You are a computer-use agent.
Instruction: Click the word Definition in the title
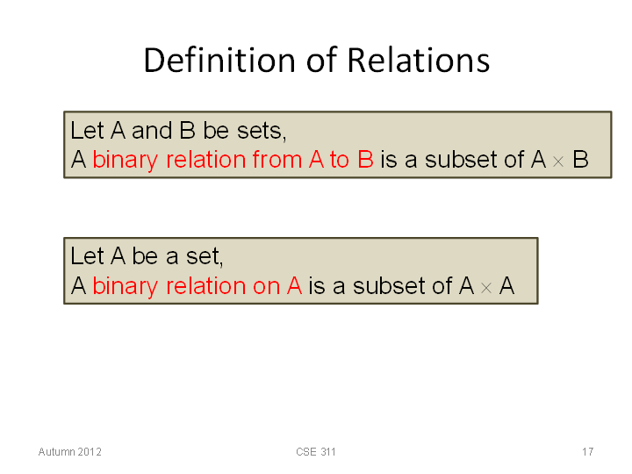pos(219,60)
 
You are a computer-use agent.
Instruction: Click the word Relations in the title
pos(419,60)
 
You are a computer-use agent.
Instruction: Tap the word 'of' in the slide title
pos(321,60)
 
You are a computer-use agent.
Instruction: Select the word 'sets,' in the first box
pos(262,132)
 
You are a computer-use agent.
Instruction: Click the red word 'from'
pos(277,159)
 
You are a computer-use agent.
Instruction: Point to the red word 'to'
pos(340,160)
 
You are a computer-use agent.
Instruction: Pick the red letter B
pos(365,160)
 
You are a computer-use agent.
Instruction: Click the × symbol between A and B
pos(558,162)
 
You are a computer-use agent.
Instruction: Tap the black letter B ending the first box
pos(580,160)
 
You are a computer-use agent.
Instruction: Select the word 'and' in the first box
pos(152,131)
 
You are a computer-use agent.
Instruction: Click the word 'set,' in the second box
pos(205,256)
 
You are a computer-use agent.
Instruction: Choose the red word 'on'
pos(267,287)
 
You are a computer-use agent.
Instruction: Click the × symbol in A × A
pos(486,288)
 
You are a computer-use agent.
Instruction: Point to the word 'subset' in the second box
pos(389,286)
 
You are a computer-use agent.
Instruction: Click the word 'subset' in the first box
pos(461,160)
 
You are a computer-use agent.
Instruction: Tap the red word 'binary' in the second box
pos(126,286)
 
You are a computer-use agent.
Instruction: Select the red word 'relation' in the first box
pos(206,159)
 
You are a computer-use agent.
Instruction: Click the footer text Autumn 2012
pos(69,452)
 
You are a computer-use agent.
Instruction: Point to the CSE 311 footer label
pos(316,452)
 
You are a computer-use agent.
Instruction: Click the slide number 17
pos(587,452)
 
